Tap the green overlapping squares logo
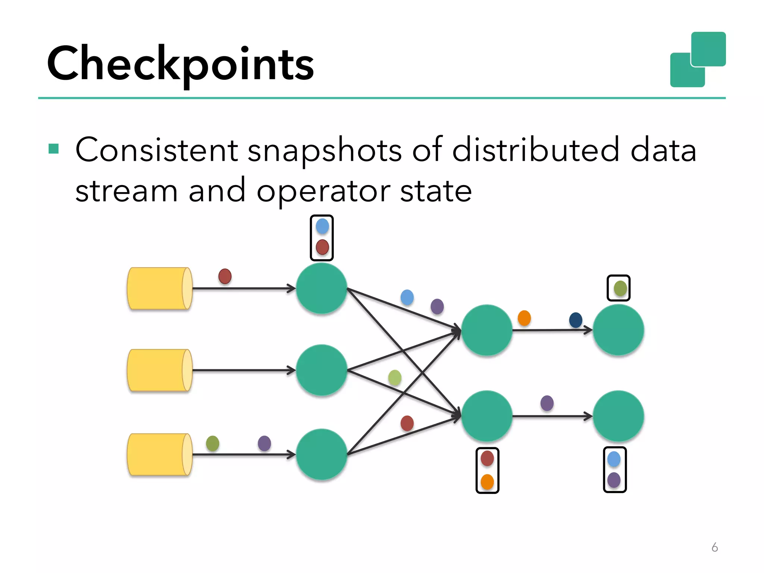pos(698,60)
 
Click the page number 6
pos(714,547)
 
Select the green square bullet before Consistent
pos(54,149)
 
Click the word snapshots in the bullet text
pos(325,150)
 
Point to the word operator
pos(323,191)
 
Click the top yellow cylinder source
pos(159,288)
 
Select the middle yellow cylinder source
pos(159,370)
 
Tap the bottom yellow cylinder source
pos(159,454)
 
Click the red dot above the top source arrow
pos(225,276)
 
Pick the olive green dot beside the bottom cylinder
pos(213,443)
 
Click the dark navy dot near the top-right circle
pos(576,320)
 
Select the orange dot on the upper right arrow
pos(524,318)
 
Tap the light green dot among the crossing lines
pos(395,378)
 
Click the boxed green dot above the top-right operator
pos(620,288)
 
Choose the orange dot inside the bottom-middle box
pos(487,482)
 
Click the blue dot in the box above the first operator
pos(322,226)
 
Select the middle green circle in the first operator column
pos(322,370)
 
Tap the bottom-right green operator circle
pos(618,416)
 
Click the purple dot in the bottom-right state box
pos(614,480)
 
